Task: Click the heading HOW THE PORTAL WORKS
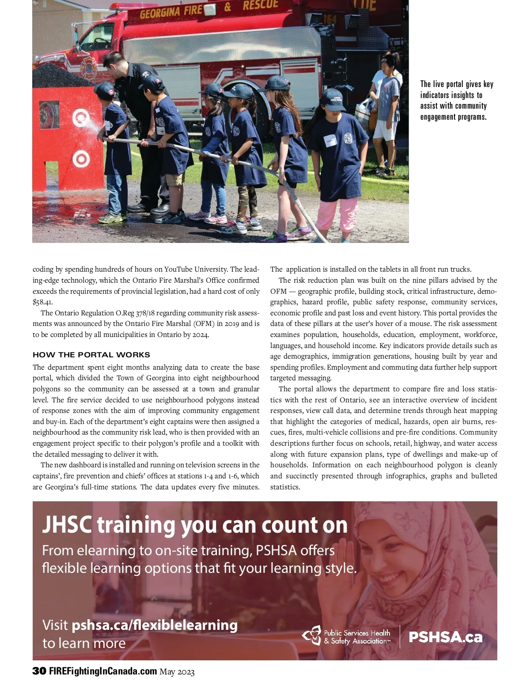pyautogui.click(x=91, y=355)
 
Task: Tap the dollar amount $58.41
pyautogui.click(x=43, y=302)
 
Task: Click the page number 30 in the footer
pyautogui.click(x=39, y=671)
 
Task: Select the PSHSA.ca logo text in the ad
pyautogui.click(x=445, y=637)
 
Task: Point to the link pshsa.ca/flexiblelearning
pyautogui.click(x=155, y=625)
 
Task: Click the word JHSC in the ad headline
pyautogui.click(x=67, y=525)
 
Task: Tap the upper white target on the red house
pyautogui.click(x=81, y=117)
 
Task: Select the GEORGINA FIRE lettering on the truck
pyautogui.click(x=171, y=12)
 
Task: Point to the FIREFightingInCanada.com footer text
pyautogui.click(x=103, y=671)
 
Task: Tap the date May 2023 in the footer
pyautogui.click(x=177, y=672)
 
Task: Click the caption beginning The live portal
pyautogui.click(x=456, y=100)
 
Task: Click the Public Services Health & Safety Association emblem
pyautogui.click(x=312, y=636)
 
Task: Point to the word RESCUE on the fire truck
pyautogui.click(x=261, y=5)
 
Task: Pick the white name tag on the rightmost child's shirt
pyautogui.click(x=331, y=140)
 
